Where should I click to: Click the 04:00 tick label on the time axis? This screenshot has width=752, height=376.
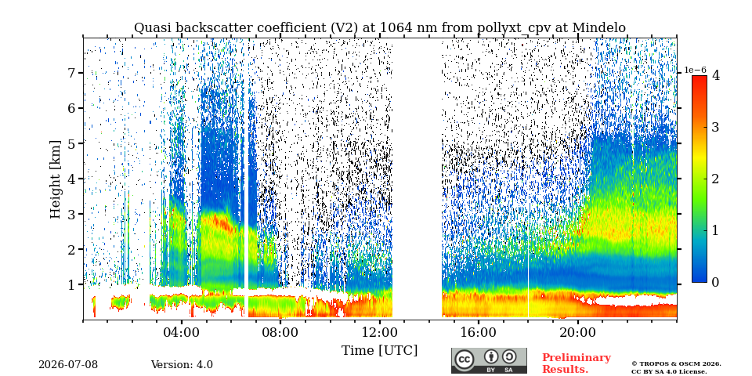tap(182, 332)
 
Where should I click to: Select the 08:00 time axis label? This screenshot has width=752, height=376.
tap(280, 332)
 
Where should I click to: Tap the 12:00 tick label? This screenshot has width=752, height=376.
tap(380, 332)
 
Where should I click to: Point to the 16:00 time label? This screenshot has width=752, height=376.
tap(479, 332)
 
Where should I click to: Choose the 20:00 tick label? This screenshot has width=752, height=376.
tap(577, 332)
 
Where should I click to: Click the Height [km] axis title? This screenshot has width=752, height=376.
tap(56, 179)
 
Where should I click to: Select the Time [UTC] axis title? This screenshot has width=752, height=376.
tap(379, 351)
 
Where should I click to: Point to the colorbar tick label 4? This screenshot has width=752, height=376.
tap(715, 76)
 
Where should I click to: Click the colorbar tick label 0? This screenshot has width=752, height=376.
tap(715, 282)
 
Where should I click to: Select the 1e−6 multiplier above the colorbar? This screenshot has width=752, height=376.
tap(696, 70)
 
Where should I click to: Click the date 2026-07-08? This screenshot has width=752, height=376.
tap(68, 365)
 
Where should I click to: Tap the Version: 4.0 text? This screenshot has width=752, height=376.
tap(182, 365)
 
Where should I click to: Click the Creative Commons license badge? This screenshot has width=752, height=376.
tap(489, 360)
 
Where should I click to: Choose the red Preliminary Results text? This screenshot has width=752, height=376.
tap(577, 363)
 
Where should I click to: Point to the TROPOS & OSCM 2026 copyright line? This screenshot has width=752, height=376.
tap(676, 364)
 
